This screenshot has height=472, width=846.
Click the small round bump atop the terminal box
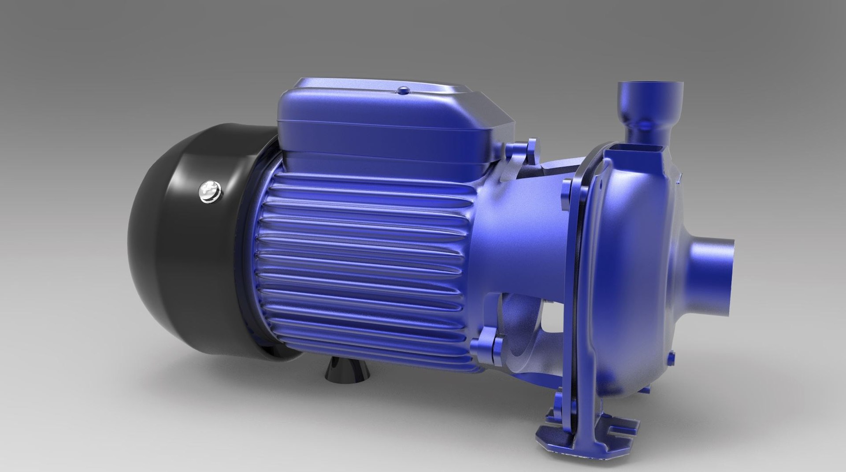pos(403,90)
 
